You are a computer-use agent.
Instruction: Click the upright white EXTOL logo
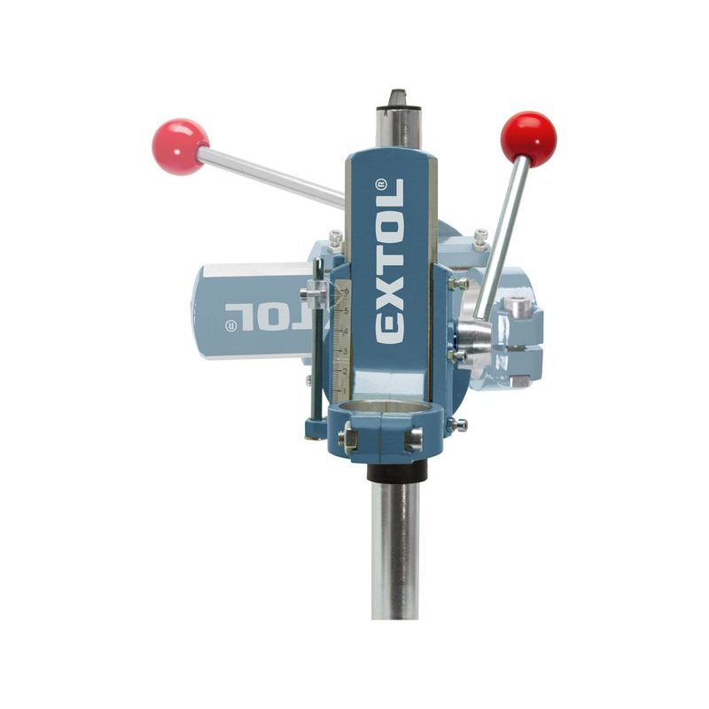(390, 261)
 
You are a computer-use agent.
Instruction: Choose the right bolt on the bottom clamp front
(413, 437)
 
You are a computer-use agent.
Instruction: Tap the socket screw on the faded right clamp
(518, 307)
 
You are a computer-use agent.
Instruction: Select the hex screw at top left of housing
(335, 238)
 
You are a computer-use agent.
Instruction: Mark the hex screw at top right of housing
(479, 237)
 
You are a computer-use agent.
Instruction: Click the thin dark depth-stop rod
(314, 372)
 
